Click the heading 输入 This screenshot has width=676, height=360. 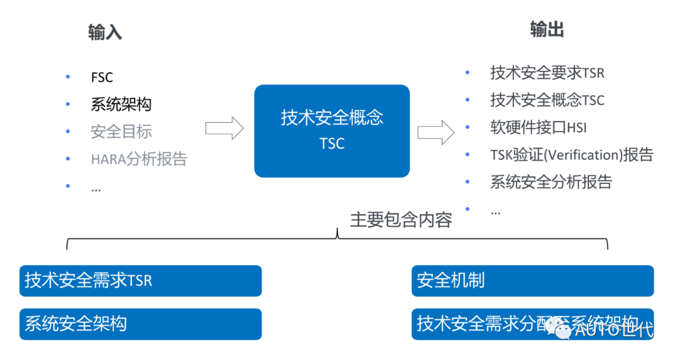pos(105,33)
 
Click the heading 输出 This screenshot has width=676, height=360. pos(547,29)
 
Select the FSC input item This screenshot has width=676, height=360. pos(102,78)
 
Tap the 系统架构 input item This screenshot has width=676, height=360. pos(121,105)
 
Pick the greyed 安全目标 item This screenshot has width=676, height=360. pos(121,131)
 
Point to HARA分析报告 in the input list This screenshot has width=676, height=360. pos(138,159)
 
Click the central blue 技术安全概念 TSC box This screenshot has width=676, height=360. pos(332,131)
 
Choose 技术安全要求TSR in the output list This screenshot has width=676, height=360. pos(547,73)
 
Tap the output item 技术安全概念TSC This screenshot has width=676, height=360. pos(547,100)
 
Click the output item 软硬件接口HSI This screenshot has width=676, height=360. pos(538,128)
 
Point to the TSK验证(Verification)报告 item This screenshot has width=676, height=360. pos(571,155)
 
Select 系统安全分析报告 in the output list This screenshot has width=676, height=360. pos(551,182)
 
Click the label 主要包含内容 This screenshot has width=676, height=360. pos(401,220)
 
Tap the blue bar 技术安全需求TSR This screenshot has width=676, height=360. pos(140,280)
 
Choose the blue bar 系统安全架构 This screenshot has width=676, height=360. pos(140,324)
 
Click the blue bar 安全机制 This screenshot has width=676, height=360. pos(532,280)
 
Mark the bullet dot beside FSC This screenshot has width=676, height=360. pos(68,78)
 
